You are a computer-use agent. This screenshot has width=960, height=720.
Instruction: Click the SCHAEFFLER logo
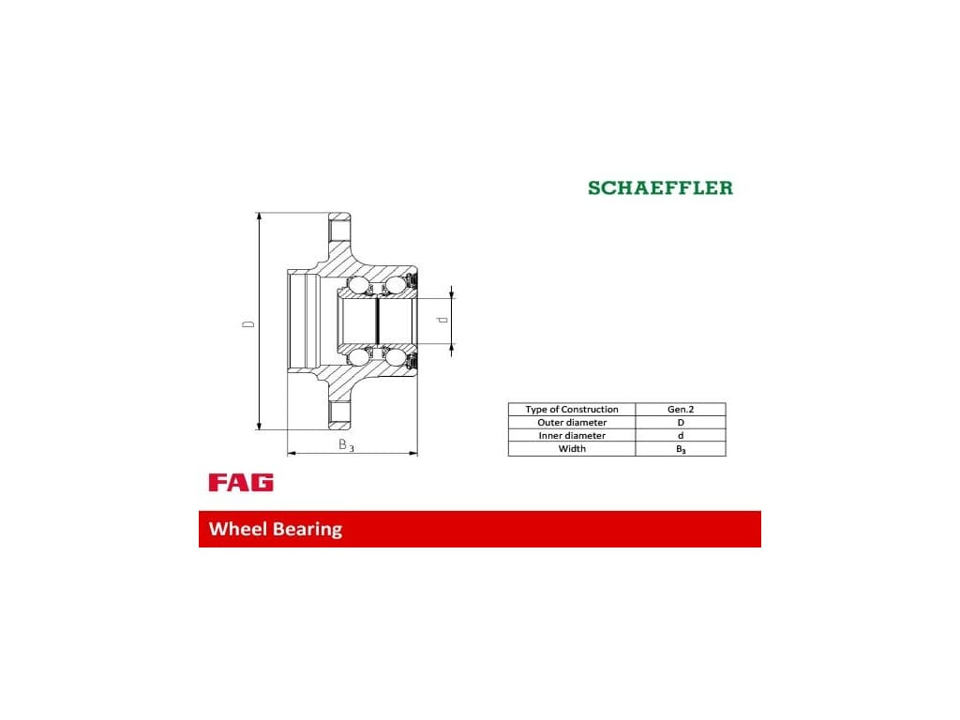click(660, 187)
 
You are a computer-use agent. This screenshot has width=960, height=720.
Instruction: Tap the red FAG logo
click(241, 483)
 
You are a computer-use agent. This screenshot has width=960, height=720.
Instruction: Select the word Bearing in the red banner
click(307, 529)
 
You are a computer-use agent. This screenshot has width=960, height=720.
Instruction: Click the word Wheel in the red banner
click(238, 529)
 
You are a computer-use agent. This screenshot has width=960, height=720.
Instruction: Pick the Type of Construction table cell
click(572, 410)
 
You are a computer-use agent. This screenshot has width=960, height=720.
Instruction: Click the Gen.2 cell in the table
click(681, 410)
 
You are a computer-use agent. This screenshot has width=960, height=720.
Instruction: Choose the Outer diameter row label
click(572, 423)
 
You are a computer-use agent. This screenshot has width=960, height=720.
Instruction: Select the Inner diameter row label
click(572, 436)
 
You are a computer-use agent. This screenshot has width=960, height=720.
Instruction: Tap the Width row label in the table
click(572, 449)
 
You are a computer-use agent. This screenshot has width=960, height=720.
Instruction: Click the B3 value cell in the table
click(681, 449)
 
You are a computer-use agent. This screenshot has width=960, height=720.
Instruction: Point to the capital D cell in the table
click(681, 423)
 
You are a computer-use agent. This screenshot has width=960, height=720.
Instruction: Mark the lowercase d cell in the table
click(681, 436)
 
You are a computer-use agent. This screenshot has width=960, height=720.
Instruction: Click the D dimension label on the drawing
click(248, 323)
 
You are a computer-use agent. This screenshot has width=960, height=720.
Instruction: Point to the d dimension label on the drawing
click(444, 320)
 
